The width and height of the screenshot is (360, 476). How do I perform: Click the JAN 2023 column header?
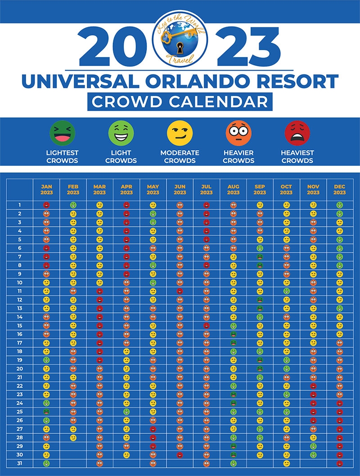click(x=46, y=189)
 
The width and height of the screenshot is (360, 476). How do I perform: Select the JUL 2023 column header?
click(x=206, y=189)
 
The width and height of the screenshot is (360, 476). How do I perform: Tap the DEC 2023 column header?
click(x=340, y=189)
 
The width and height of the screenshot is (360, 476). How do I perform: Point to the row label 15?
click(x=20, y=326)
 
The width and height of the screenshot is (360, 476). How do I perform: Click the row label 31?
click(x=20, y=463)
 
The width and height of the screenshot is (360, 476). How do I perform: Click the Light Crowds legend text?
click(x=121, y=157)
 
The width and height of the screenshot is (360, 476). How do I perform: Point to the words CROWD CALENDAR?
click(x=180, y=101)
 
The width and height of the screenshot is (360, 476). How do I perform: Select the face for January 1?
click(x=46, y=205)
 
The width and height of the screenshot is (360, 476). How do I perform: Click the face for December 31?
click(x=340, y=463)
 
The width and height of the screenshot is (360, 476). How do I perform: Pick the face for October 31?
click(x=286, y=463)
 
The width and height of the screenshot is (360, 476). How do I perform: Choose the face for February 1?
click(x=73, y=205)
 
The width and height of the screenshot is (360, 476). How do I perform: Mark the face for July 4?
click(x=206, y=231)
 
